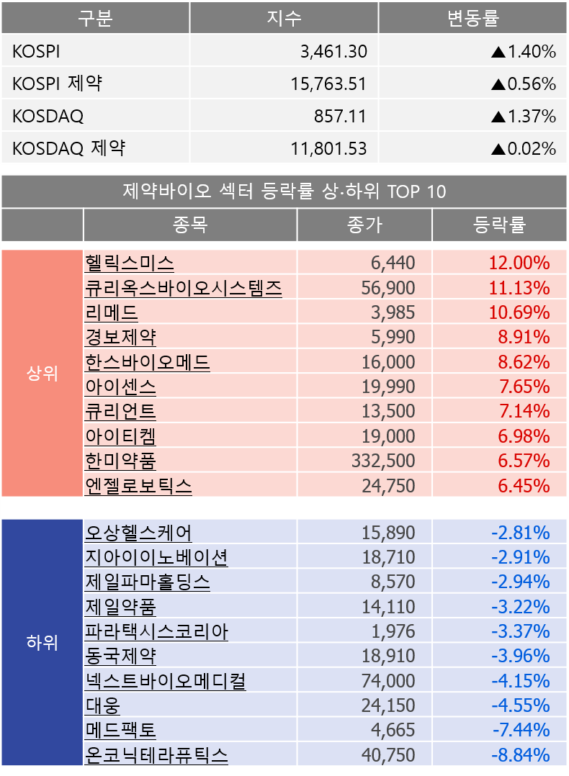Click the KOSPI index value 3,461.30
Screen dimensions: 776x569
coord(333,52)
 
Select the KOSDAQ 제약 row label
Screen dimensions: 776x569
coord(68,148)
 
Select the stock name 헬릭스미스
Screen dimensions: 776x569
coord(129,263)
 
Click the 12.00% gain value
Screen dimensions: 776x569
coord(519,263)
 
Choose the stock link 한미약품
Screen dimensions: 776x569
coord(120,460)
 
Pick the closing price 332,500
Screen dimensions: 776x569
coord(383,460)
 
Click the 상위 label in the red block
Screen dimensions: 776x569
coord(42,374)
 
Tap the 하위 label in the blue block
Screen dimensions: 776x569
coord(42,642)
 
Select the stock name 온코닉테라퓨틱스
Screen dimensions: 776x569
coord(156,755)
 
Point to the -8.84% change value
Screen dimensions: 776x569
coord(521,755)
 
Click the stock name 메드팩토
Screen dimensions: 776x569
coord(120,730)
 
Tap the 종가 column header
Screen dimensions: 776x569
coord(364,225)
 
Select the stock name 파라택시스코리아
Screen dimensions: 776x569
coord(156,632)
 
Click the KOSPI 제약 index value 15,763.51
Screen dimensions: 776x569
coord(329,84)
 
